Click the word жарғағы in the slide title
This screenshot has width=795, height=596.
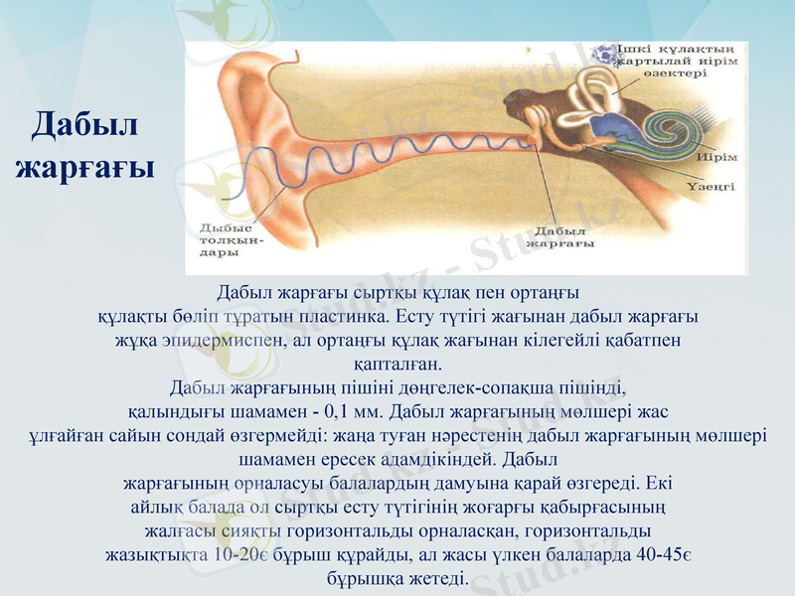(84, 166)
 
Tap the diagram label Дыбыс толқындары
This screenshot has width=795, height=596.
(231, 239)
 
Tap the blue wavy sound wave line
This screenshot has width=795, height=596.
(397, 159)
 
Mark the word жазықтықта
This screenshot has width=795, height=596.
(157, 555)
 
